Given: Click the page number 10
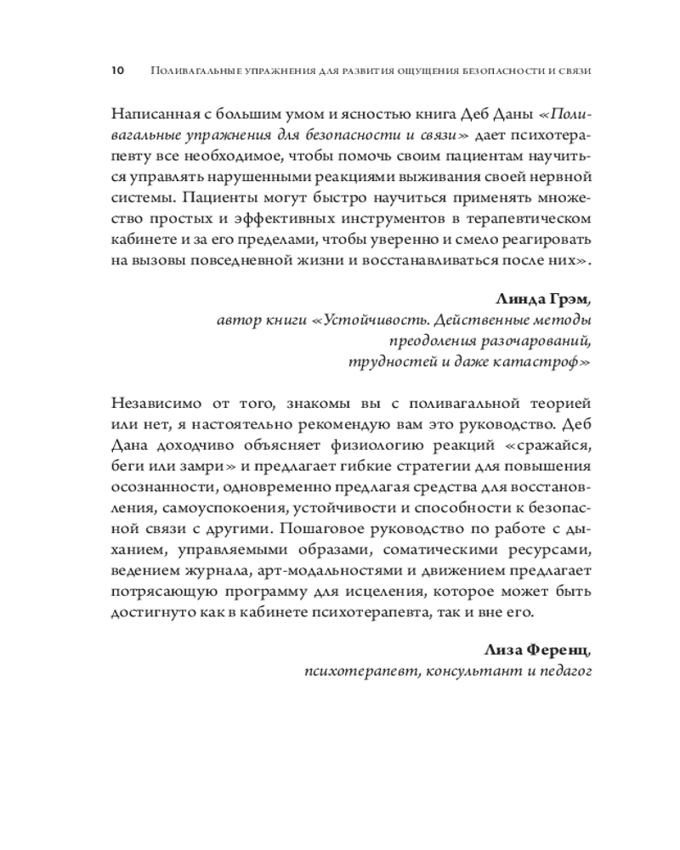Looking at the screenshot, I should tap(117, 71).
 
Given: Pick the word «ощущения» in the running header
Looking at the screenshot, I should tap(394, 72).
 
